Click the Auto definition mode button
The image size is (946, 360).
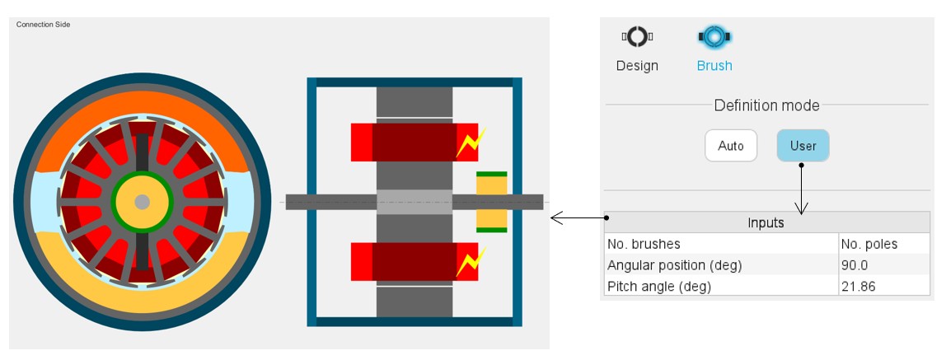click(x=730, y=146)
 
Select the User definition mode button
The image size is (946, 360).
click(x=803, y=146)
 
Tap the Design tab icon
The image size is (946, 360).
click(x=637, y=36)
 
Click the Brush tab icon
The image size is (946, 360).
click(x=714, y=36)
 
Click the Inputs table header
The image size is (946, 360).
click(x=766, y=222)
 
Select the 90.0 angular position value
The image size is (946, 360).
click(x=855, y=265)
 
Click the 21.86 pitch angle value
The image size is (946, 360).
click(x=858, y=286)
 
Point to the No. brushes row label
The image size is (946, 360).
click(x=644, y=244)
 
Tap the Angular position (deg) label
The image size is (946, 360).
click(x=674, y=265)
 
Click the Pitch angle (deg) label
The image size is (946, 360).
click(x=658, y=286)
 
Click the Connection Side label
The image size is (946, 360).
click(x=43, y=25)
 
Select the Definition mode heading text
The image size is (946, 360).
click(x=766, y=105)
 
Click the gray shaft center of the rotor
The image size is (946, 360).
click(x=142, y=202)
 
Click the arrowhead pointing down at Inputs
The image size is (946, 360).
click(x=802, y=208)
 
